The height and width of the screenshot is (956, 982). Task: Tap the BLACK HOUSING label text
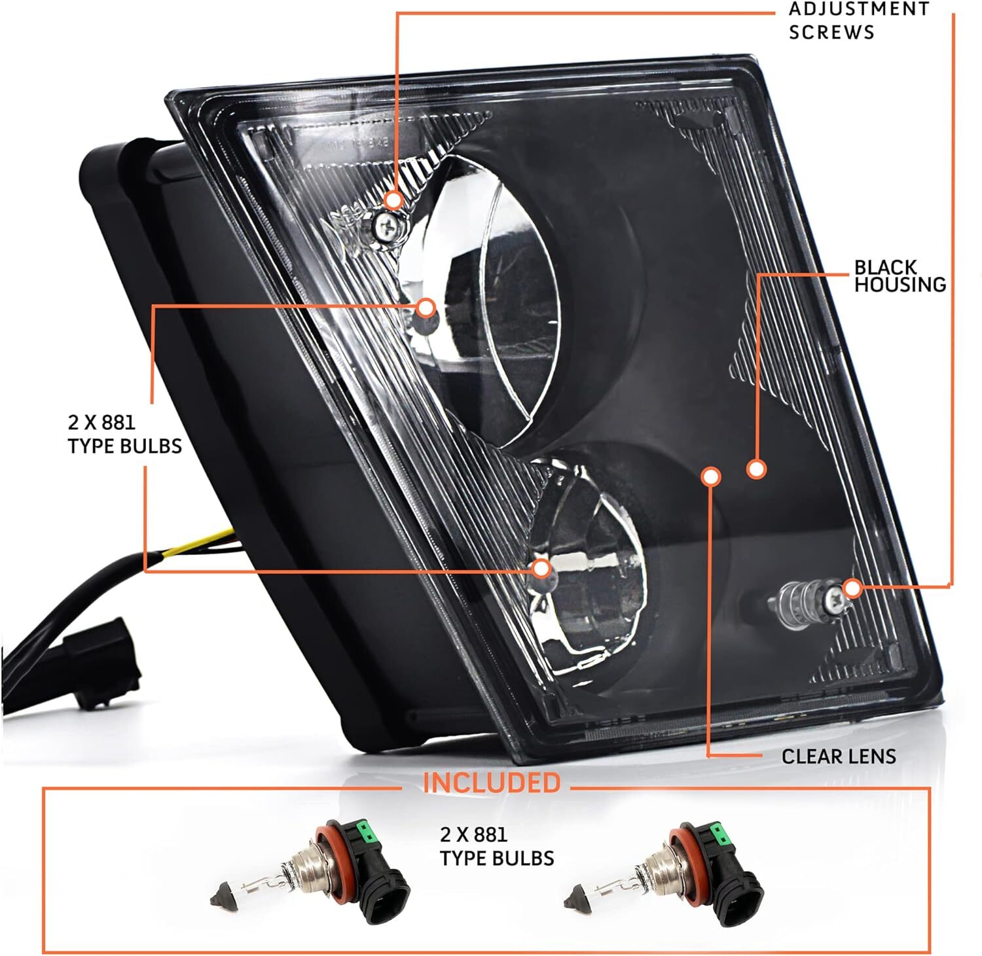[900, 276]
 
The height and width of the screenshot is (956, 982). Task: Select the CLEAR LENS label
[838, 756]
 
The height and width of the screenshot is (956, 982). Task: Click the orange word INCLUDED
[491, 783]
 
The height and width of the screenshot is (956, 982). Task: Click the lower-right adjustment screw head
[833, 597]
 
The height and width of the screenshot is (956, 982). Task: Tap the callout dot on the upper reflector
[426, 308]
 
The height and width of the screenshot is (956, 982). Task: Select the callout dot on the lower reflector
[541, 568]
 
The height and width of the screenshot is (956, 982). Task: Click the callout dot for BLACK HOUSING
[756, 469]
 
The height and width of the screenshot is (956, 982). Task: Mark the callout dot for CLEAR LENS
[710, 476]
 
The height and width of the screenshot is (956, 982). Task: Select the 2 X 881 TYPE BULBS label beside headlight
[124, 434]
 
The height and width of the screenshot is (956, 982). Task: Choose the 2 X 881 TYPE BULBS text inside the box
[496, 846]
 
